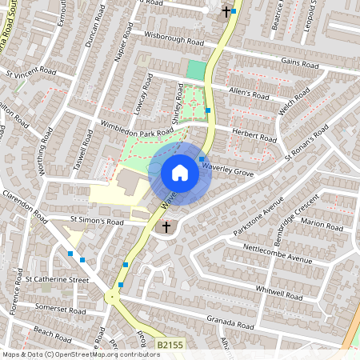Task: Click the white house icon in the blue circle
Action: point(180,173)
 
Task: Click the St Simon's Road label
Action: point(97,221)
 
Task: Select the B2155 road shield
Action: point(170,344)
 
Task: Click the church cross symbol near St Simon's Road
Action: point(166,228)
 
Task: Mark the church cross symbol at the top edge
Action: point(226,12)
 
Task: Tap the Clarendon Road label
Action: point(27,206)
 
